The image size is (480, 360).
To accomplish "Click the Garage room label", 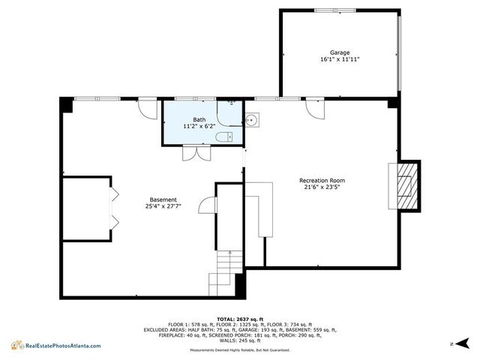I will coord(340,52).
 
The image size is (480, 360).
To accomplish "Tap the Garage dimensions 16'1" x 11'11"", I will coord(340,59).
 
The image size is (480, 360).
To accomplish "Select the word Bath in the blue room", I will coord(199,120).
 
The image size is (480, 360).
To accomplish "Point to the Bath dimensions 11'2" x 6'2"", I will coord(199,127).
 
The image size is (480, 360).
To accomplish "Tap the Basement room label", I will coord(163,199).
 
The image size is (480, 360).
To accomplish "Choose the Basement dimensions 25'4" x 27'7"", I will coord(163,206).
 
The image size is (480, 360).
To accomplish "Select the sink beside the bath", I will coord(252,119).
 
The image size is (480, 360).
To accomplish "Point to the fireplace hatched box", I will coord(406,185).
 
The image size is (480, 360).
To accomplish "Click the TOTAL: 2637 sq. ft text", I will coord(240,318).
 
